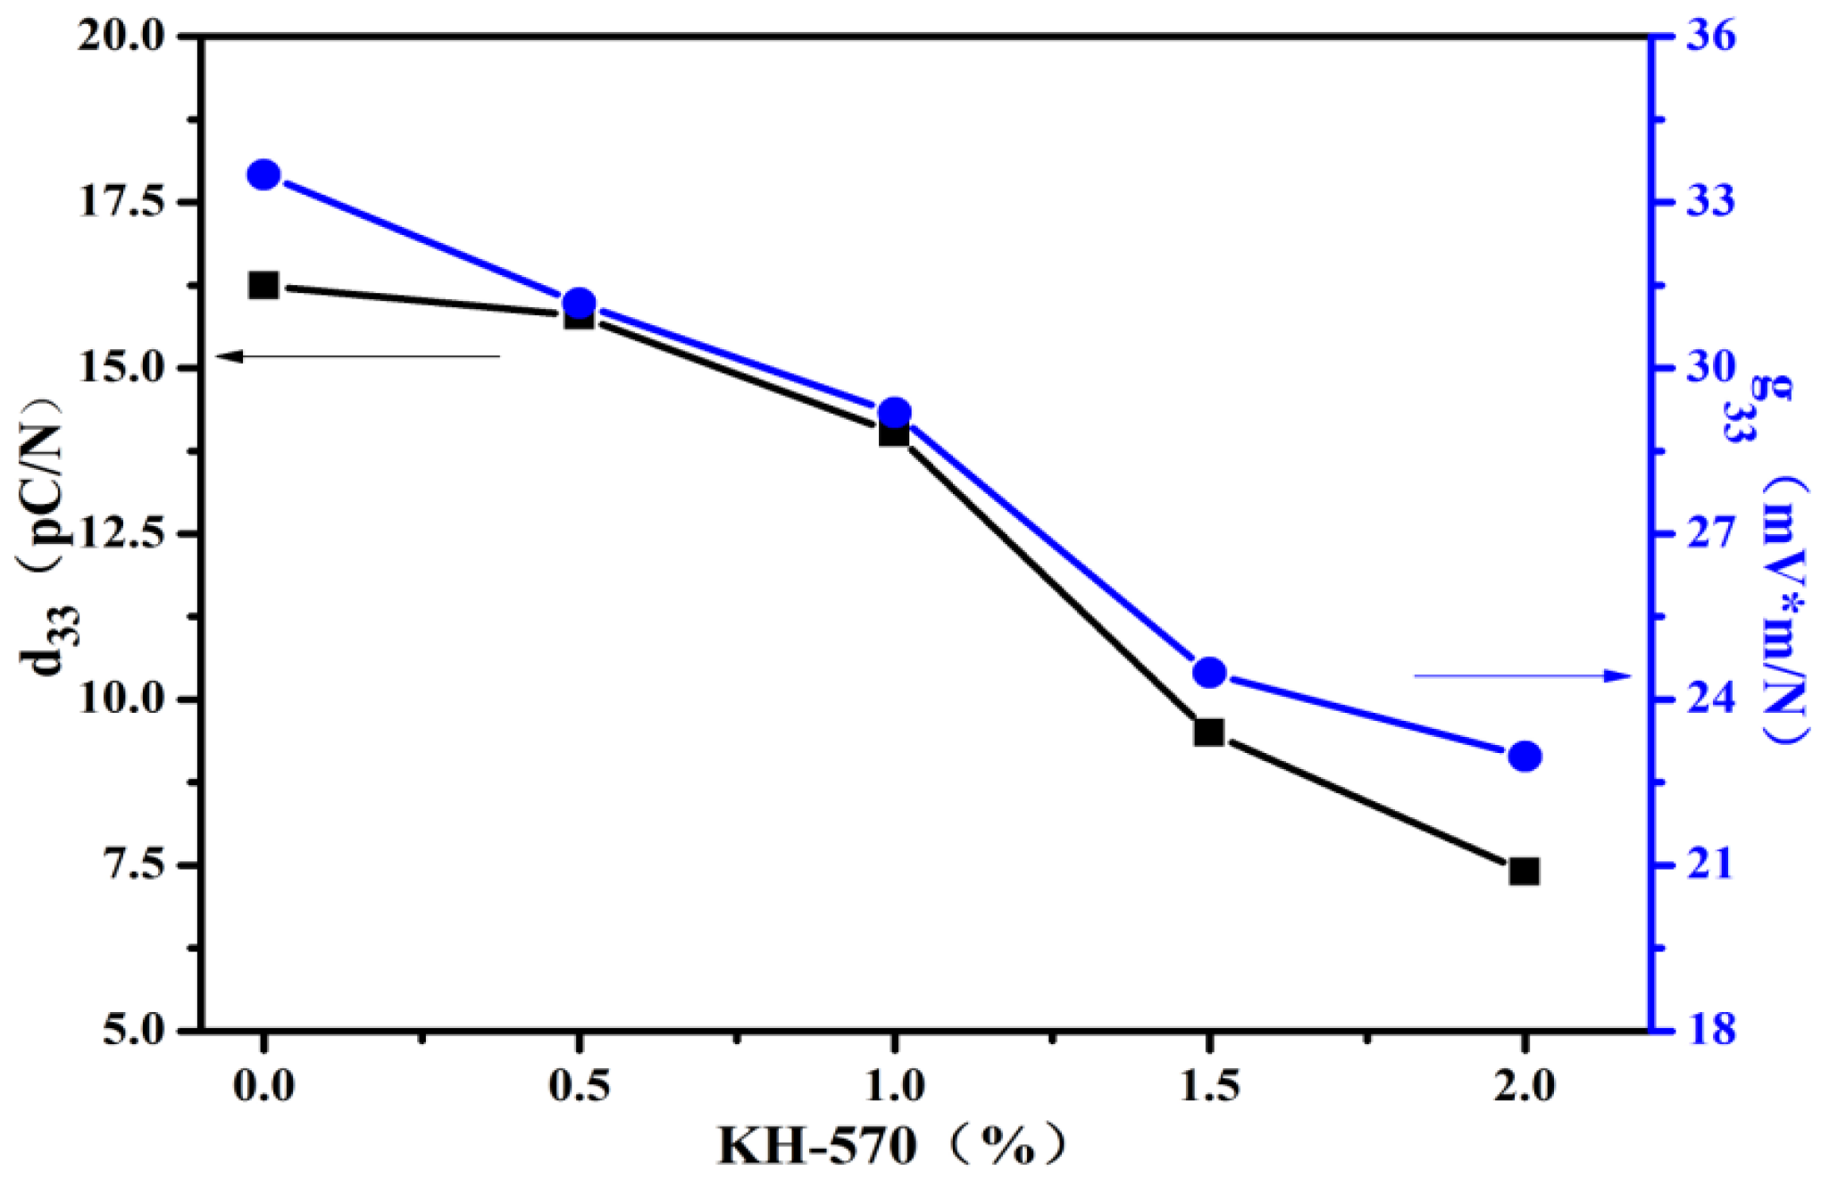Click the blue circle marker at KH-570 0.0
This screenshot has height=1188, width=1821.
[263, 174]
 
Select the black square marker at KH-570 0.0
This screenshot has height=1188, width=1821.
[263, 286]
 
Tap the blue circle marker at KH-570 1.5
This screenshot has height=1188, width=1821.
[1209, 672]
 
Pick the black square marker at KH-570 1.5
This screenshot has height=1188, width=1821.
[1209, 732]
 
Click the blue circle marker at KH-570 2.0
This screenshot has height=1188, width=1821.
[1524, 757]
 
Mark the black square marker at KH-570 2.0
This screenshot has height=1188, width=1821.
[1524, 871]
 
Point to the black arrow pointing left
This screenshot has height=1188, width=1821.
[357, 356]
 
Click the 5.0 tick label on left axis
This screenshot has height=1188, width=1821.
[134, 1030]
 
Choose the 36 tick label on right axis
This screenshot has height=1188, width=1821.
[1710, 38]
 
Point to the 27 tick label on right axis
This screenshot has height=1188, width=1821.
[1710, 534]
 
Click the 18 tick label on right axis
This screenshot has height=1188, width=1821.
[1710, 1030]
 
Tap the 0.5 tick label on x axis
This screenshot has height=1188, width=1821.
[579, 1087]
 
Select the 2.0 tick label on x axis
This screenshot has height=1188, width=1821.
[1524, 1087]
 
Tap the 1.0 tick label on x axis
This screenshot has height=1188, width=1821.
[894, 1087]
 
